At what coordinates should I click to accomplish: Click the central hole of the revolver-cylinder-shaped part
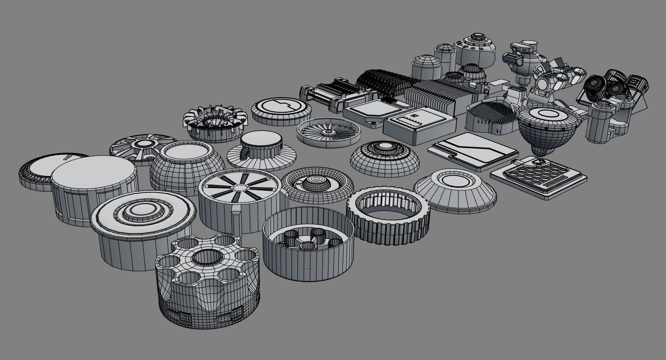207,256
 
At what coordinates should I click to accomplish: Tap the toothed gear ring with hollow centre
388,216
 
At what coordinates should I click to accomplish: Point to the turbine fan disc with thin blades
328,132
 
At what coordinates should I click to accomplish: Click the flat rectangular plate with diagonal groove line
472,150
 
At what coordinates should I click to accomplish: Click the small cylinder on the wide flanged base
261,149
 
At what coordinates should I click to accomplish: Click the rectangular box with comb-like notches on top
419,125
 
